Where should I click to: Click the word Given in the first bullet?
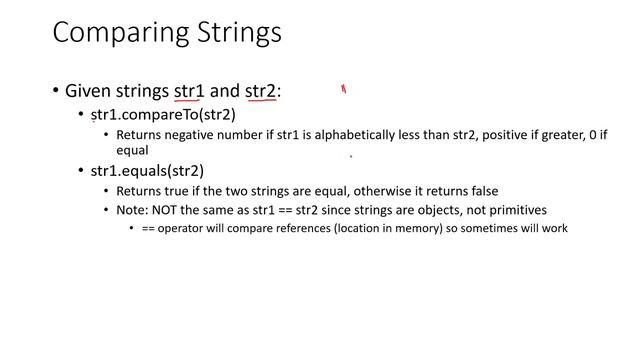88,91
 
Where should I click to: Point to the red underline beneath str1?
189,101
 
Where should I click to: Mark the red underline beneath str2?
260,101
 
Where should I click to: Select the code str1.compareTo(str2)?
163,114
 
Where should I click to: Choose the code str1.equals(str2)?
147,171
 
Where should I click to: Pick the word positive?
505,134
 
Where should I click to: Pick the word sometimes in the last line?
480,229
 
